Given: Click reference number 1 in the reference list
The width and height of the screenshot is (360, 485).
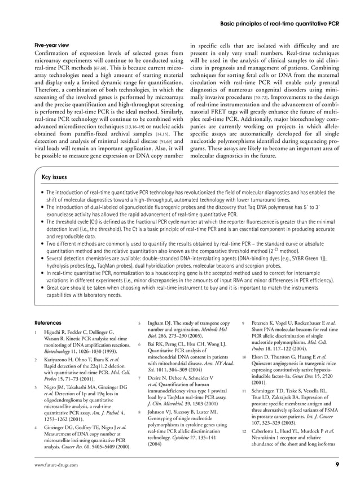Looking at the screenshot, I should click(x=36, y=332).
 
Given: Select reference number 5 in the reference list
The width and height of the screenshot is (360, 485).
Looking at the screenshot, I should click(x=139, y=322).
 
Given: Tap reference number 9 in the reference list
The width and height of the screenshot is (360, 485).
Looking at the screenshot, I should click(x=243, y=322).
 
